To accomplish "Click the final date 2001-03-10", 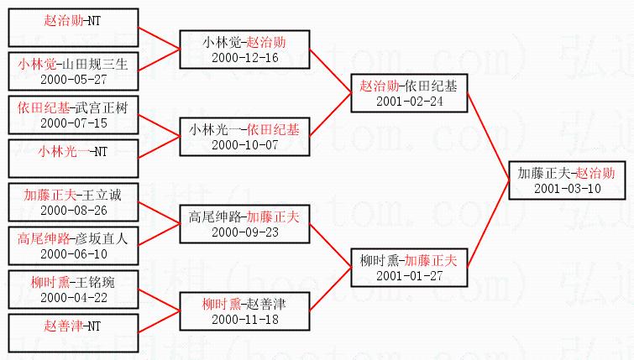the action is [567, 188].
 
